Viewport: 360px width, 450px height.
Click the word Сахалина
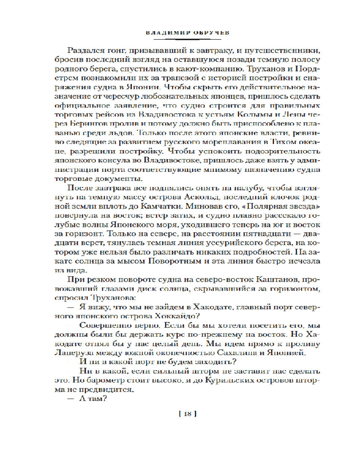coord(251,352)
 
